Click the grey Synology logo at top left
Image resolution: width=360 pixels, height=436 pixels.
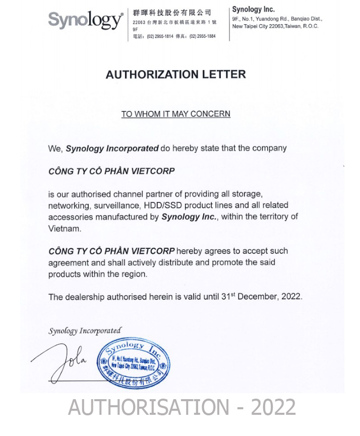pos(85,20)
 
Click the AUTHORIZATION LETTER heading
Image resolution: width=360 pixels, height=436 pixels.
pos(175,75)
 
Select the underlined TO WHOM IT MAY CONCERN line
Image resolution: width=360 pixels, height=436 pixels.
pos(175,114)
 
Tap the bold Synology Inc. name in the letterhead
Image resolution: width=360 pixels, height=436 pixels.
pos(253,10)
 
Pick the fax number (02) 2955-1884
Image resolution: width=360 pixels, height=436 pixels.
pos(203,36)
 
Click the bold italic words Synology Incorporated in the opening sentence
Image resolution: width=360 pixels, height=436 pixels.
pos(112,148)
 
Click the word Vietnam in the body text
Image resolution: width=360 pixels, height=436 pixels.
pos(65,228)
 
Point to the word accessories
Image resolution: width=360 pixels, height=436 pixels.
pos(71,216)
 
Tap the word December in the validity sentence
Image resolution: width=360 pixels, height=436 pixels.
pos(258,297)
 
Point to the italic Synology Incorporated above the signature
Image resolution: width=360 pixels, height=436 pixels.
pos(85,331)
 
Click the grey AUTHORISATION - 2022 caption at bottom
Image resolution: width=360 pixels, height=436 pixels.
pos(182,407)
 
